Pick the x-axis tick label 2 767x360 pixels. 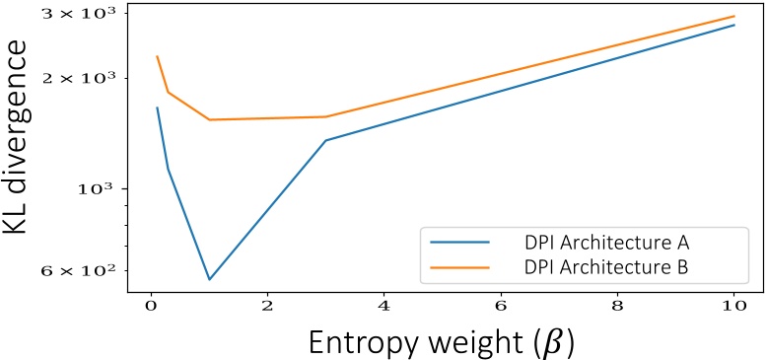pos(267,306)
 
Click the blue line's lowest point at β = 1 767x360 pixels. pos(209,279)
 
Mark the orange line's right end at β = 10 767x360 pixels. pos(734,16)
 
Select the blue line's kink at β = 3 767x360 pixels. pos(325,140)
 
